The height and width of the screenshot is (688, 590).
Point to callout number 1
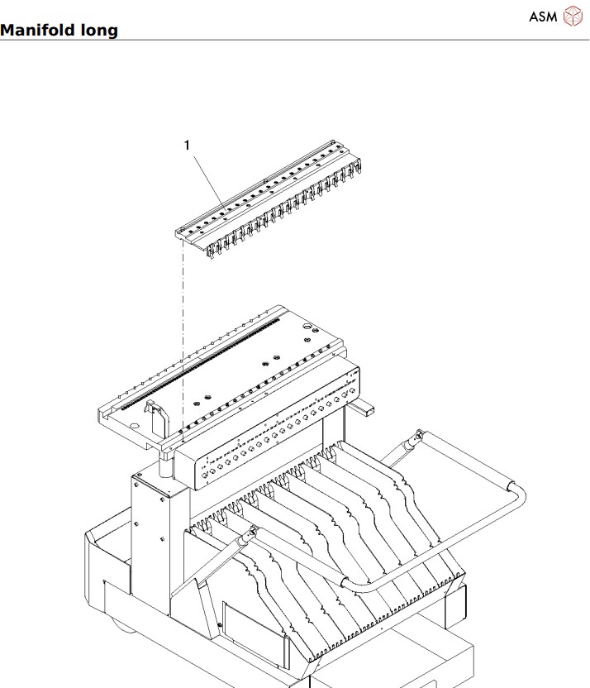(187, 145)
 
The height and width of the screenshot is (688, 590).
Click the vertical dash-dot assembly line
(181, 331)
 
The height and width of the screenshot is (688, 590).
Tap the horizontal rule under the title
(295, 40)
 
